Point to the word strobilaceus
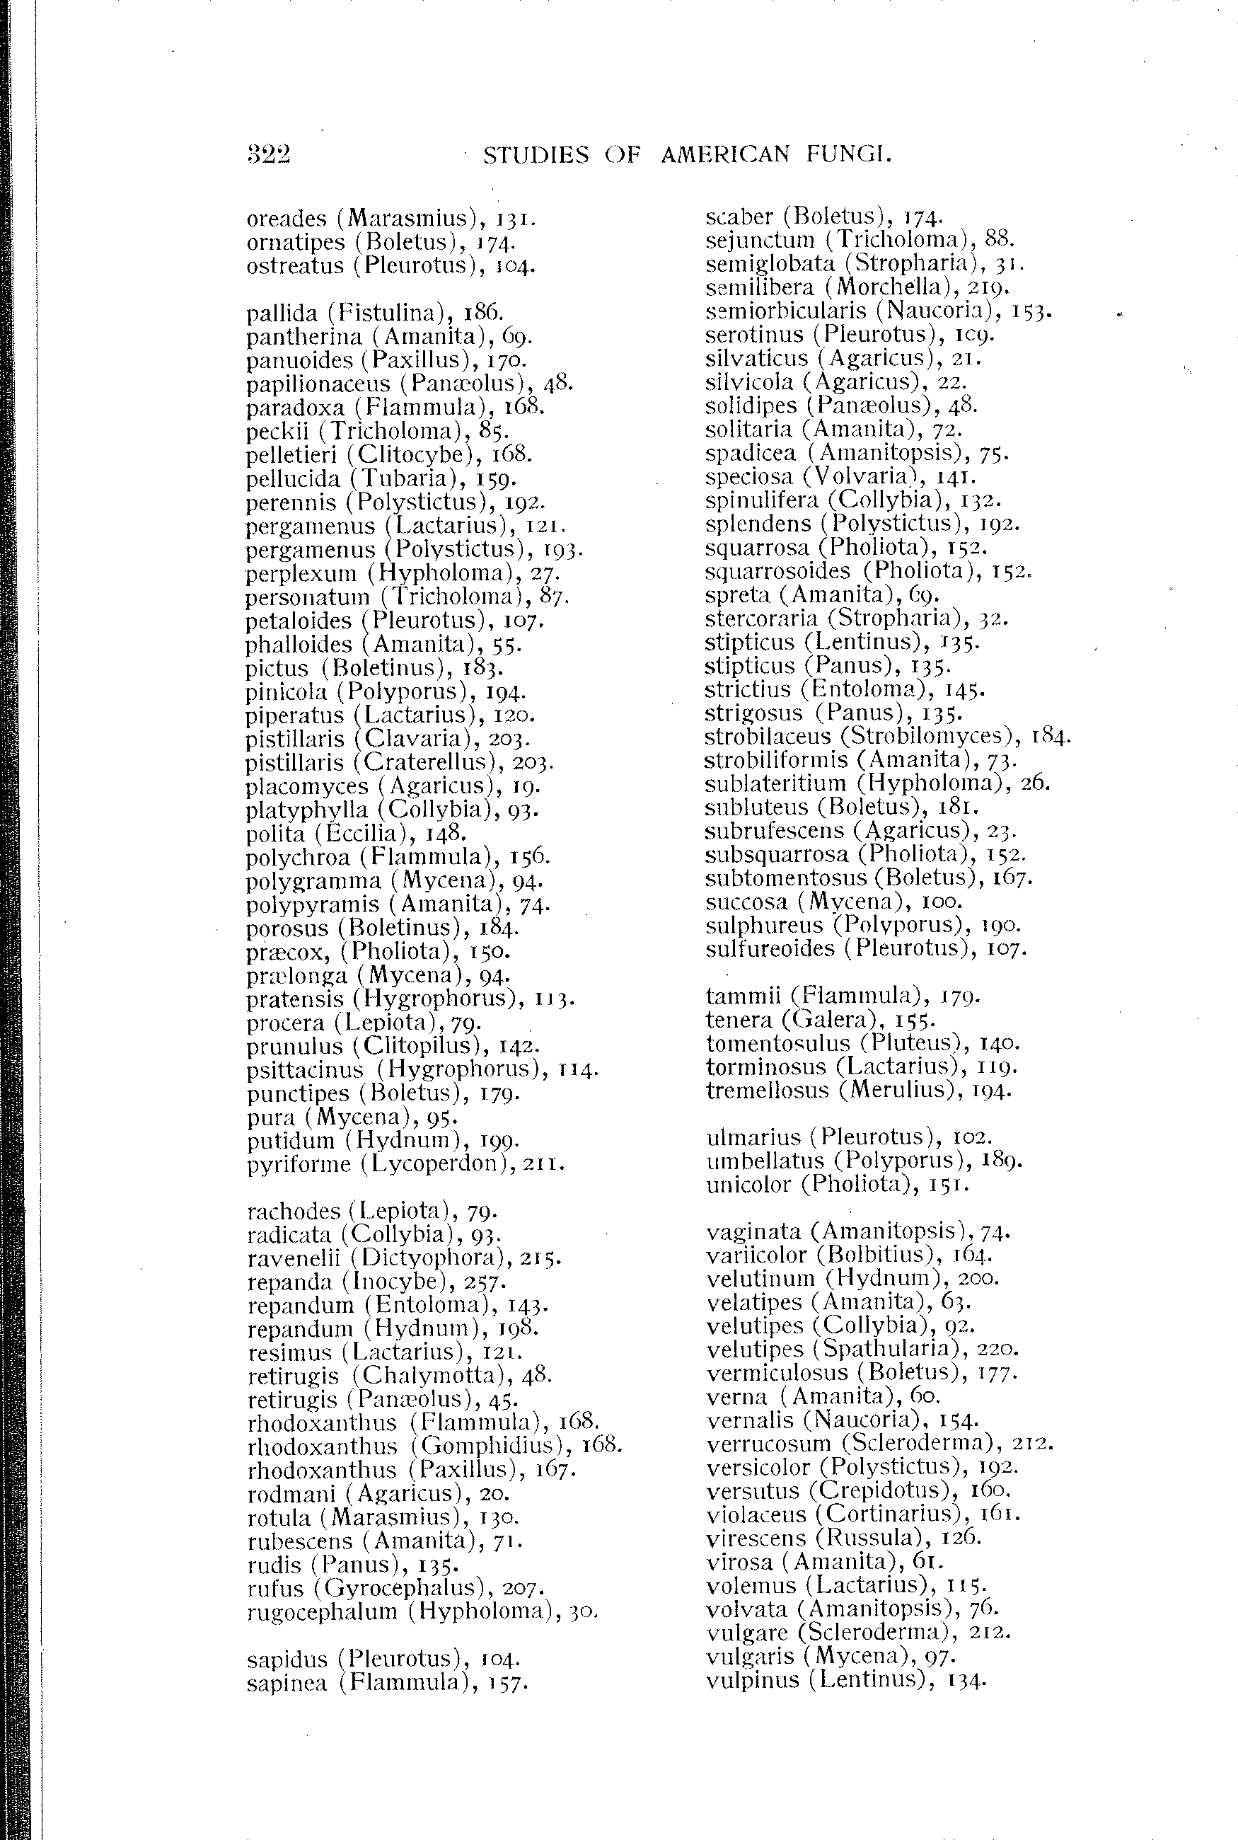[x=768, y=737]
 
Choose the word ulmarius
[x=753, y=1137]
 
